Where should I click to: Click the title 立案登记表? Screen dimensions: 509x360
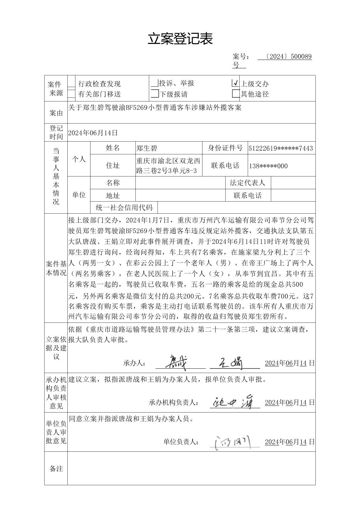coord(180,39)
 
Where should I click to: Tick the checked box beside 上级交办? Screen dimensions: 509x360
coord(236,83)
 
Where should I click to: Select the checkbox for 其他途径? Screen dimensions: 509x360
coord(236,94)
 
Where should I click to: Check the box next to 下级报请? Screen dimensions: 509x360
coord(155,94)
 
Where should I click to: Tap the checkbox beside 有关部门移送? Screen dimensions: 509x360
coord(71,94)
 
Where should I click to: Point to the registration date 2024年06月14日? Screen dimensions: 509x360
coord(93,133)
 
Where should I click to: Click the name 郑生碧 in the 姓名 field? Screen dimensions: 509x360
coord(146,148)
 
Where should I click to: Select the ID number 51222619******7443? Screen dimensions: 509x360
coord(281,148)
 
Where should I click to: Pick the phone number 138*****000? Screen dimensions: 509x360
coord(268,166)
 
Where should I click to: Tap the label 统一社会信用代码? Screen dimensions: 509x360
coord(124,208)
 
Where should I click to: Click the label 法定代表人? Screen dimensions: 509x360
coord(247,183)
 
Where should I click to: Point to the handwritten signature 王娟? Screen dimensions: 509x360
coord(231,362)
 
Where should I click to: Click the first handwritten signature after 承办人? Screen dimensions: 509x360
coord(178,362)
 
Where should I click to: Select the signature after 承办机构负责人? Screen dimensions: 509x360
coord(233,401)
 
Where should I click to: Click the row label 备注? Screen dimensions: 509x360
coord(56,468)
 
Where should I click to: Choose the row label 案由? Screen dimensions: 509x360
coord(56,113)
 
